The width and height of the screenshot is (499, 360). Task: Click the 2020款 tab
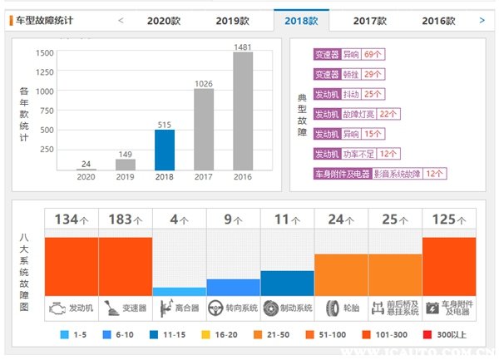[165, 20]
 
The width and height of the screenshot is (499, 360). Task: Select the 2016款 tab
[438, 20]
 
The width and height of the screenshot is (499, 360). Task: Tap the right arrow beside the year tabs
[482, 19]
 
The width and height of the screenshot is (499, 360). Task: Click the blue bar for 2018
[165, 150]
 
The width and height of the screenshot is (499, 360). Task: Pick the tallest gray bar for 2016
[242, 111]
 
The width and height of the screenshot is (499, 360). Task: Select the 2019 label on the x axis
[125, 177]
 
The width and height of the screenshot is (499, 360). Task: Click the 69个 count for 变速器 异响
[373, 55]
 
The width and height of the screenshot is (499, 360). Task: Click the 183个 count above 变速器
[125, 219]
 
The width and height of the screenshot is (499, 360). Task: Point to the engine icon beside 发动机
[56, 308]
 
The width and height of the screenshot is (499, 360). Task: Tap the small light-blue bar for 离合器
[179, 291]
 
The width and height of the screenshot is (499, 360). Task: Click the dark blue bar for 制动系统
[287, 283]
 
